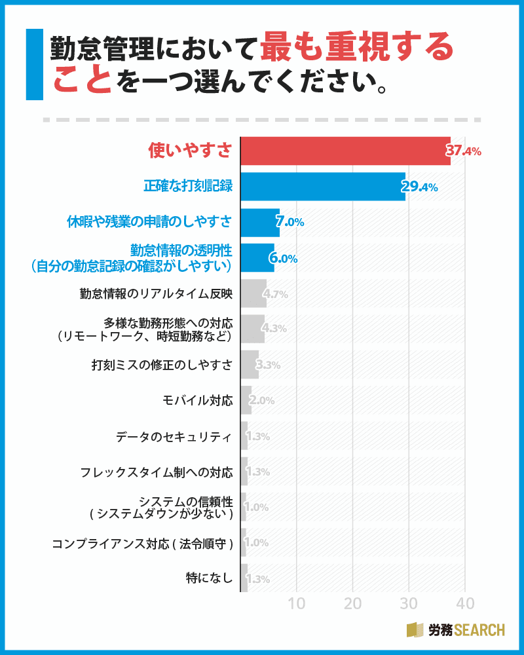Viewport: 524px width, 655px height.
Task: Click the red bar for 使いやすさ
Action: tap(345, 151)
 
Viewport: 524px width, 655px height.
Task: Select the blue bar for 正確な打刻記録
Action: tap(323, 187)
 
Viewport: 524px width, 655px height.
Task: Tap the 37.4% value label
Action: tap(464, 151)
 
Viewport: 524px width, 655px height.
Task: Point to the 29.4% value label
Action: tap(420, 187)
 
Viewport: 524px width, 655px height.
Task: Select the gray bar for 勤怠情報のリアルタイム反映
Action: tap(253, 293)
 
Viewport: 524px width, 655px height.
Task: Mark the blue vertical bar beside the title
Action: tap(34, 64)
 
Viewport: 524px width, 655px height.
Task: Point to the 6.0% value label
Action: tap(284, 258)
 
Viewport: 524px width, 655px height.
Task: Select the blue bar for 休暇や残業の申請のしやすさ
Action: tap(260, 222)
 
